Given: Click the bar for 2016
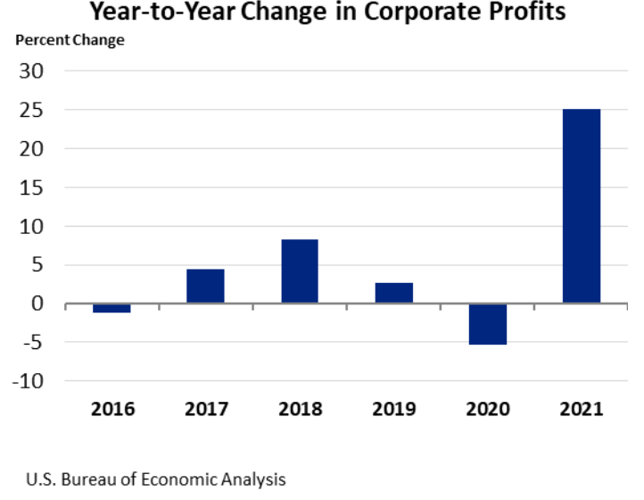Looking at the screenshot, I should [111, 308].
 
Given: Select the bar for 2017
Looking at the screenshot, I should [205, 286].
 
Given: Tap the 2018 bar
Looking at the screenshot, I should [300, 271].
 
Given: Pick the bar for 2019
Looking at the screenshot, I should [393, 293].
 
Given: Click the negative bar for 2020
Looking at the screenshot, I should [488, 324].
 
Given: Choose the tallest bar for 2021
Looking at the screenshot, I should [582, 206].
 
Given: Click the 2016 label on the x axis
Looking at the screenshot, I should [111, 410].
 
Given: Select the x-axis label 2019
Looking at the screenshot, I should [393, 410].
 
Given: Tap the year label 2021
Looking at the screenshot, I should [582, 410].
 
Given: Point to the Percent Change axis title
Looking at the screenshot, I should [69, 40].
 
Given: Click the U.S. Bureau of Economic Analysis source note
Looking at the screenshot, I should [156, 479].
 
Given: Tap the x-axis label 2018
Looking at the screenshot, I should [300, 410].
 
